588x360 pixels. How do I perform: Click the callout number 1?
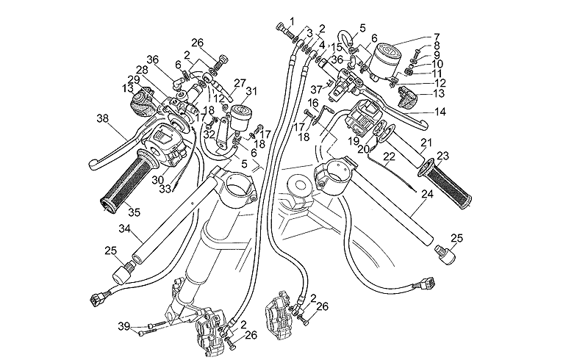click(x=291, y=20)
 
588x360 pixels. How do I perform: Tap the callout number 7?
click(x=437, y=36)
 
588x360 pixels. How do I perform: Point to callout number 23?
click(x=442, y=156)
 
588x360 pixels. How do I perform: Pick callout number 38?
click(x=101, y=118)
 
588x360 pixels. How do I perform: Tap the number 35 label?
click(x=133, y=213)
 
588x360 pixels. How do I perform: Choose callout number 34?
click(x=124, y=231)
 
